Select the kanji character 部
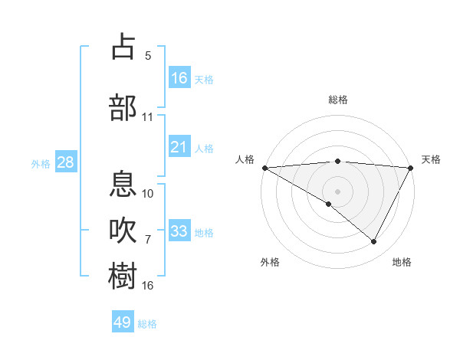[x=123, y=107]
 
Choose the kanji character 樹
[x=123, y=276]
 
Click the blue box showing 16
[x=179, y=78]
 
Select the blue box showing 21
[x=179, y=147]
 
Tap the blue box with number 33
[x=179, y=231]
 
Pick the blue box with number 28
[x=64, y=162]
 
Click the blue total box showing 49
[x=123, y=322]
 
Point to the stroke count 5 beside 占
[x=148, y=55]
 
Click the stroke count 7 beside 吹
[x=148, y=239]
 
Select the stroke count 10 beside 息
[x=148, y=193]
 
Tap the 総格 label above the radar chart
[x=337, y=100]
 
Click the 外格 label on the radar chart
[x=270, y=262]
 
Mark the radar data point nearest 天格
[x=412, y=167]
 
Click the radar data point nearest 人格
[x=264, y=167]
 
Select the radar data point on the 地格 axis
[x=374, y=241]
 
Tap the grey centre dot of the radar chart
[x=337, y=191]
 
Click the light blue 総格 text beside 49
[x=147, y=324]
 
